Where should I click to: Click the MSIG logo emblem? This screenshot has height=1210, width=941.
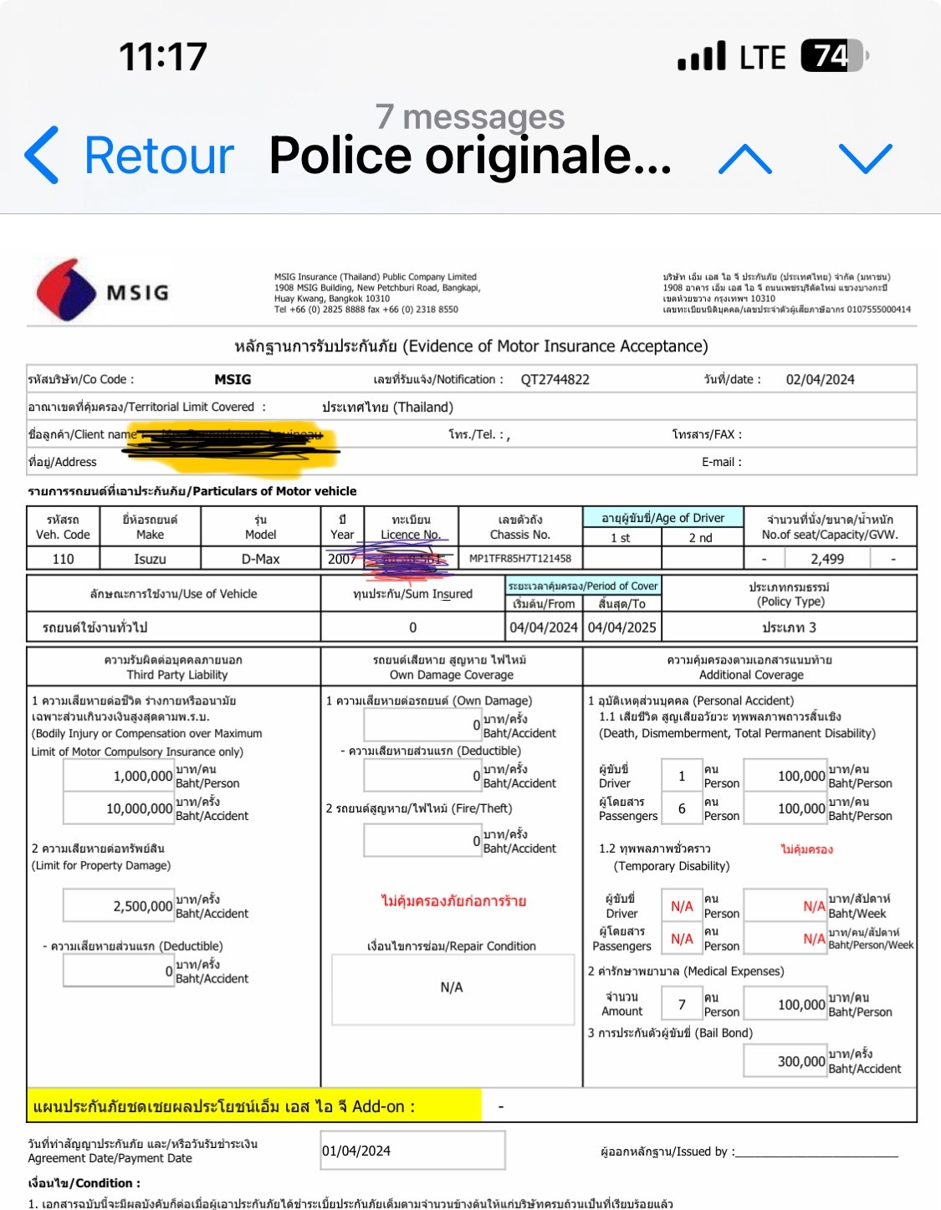point(67,290)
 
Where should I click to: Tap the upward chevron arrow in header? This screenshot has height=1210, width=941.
point(744,157)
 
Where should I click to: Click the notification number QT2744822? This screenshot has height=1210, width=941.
point(555,380)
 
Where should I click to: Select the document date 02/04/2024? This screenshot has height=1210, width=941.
point(820,380)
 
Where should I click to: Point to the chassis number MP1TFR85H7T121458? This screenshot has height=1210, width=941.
point(520,558)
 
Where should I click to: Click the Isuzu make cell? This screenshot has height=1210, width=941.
point(150,559)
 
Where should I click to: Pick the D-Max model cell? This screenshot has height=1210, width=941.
point(260,559)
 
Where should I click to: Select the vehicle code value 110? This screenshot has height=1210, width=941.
point(63,559)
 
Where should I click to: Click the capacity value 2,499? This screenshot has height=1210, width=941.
point(826,559)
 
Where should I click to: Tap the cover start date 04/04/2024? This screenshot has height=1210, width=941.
point(544,628)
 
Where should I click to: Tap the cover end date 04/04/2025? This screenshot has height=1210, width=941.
point(621,628)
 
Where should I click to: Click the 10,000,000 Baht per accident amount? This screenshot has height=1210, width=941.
point(139,809)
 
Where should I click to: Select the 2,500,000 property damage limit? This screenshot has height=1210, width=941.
point(142,906)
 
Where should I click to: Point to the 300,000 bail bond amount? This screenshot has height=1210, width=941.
point(800,1062)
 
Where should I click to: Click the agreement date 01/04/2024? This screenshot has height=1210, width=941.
point(357,1151)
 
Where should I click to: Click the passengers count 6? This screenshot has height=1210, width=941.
point(682,809)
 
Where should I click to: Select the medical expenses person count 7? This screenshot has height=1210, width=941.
point(682,1005)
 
